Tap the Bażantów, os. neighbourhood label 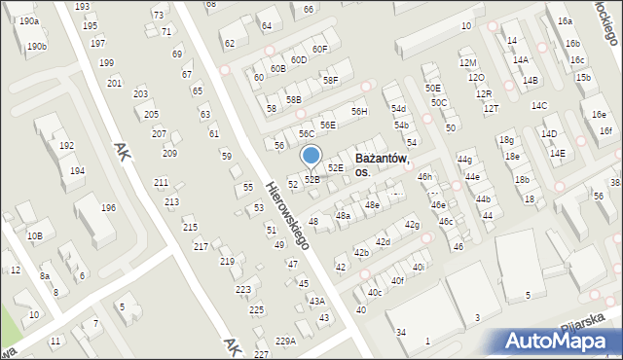382,164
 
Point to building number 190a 28,20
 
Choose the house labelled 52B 311,179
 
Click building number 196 109,207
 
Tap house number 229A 285,341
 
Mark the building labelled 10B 35,235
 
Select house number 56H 360,112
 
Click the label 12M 468,63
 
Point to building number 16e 598,114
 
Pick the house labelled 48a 343,215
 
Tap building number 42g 412,225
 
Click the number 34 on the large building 401,333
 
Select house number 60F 320,49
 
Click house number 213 171,201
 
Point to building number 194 77,171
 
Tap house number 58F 331,80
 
